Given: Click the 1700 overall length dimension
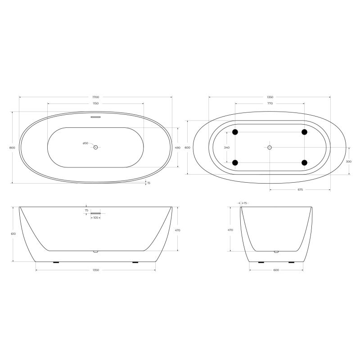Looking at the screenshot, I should [95, 97].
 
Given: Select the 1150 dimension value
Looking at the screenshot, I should [95, 104].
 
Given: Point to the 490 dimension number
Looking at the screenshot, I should [177, 148].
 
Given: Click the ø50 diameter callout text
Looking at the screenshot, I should [85, 144].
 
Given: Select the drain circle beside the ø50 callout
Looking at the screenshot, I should [95, 147].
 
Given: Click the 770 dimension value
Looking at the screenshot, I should [270, 103].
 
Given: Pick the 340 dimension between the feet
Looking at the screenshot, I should [226, 148].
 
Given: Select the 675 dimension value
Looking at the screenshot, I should [300, 189].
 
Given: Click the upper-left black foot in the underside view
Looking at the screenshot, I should [235, 132].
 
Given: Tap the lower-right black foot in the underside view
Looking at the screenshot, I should [305, 162].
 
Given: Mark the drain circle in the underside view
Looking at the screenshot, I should [270, 147].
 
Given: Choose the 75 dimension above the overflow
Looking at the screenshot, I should [86, 210].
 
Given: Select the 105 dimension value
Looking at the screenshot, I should [95, 217].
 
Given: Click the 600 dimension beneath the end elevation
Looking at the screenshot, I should [276, 270].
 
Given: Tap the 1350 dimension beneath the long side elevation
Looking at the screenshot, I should [95, 270].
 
